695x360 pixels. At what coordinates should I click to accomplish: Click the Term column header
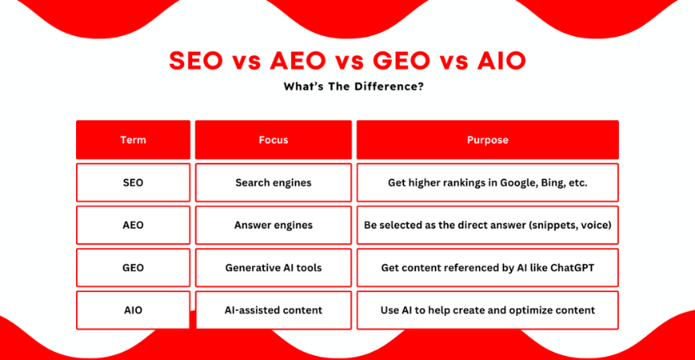pyautogui.click(x=133, y=140)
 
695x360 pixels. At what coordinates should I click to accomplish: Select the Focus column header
pyautogui.click(x=273, y=140)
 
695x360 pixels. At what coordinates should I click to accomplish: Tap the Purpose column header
pyautogui.click(x=487, y=140)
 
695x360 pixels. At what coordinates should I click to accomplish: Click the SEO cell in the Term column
pyautogui.click(x=133, y=182)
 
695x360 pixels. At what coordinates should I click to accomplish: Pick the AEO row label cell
pyautogui.click(x=133, y=225)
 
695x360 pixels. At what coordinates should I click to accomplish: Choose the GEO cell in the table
pyautogui.click(x=133, y=268)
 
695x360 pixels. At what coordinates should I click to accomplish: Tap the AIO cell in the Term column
pyautogui.click(x=133, y=310)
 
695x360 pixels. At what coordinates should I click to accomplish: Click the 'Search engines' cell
pyautogui.click(x=273, y=182)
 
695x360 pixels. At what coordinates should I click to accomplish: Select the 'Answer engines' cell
pyautogui.click(x=273, y=225)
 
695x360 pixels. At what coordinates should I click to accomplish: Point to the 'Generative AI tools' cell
pyautogui.click(x=273, y=268)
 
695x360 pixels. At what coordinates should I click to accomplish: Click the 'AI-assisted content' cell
pyautogui.click(x=273, y=310)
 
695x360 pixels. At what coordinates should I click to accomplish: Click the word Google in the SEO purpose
pyautogui.click(x=521, y=182)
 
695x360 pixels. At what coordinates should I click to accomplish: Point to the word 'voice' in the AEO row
pyautogui.click(x=598, y=225)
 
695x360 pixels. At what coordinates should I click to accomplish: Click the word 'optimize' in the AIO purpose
pyautogui.click(x=536, y=310)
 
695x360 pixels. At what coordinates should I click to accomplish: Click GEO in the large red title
pyautogui.click(x=396, y=61)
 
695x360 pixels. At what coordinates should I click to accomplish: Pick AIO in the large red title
pyautogui.click(x=501, y=61)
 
